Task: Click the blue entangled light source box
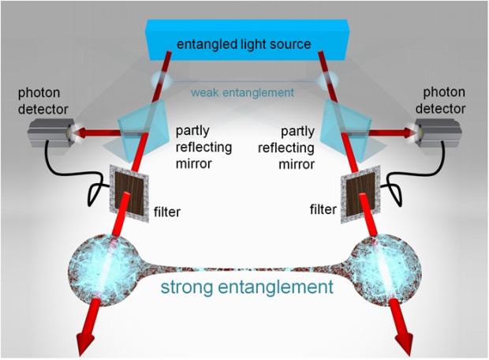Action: point(248,39)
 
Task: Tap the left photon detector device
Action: point(52,133)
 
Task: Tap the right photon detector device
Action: point(438,132)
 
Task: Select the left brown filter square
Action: point(129,193)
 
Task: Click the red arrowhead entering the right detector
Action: point(410,133)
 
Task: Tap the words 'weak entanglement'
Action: point(243,92)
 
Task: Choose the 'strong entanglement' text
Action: point(247,287)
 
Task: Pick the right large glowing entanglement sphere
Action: point(386,270)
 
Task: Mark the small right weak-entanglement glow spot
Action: point(327,80)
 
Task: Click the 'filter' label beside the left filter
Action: point(167,212)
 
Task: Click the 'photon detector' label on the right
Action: point(440,100)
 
